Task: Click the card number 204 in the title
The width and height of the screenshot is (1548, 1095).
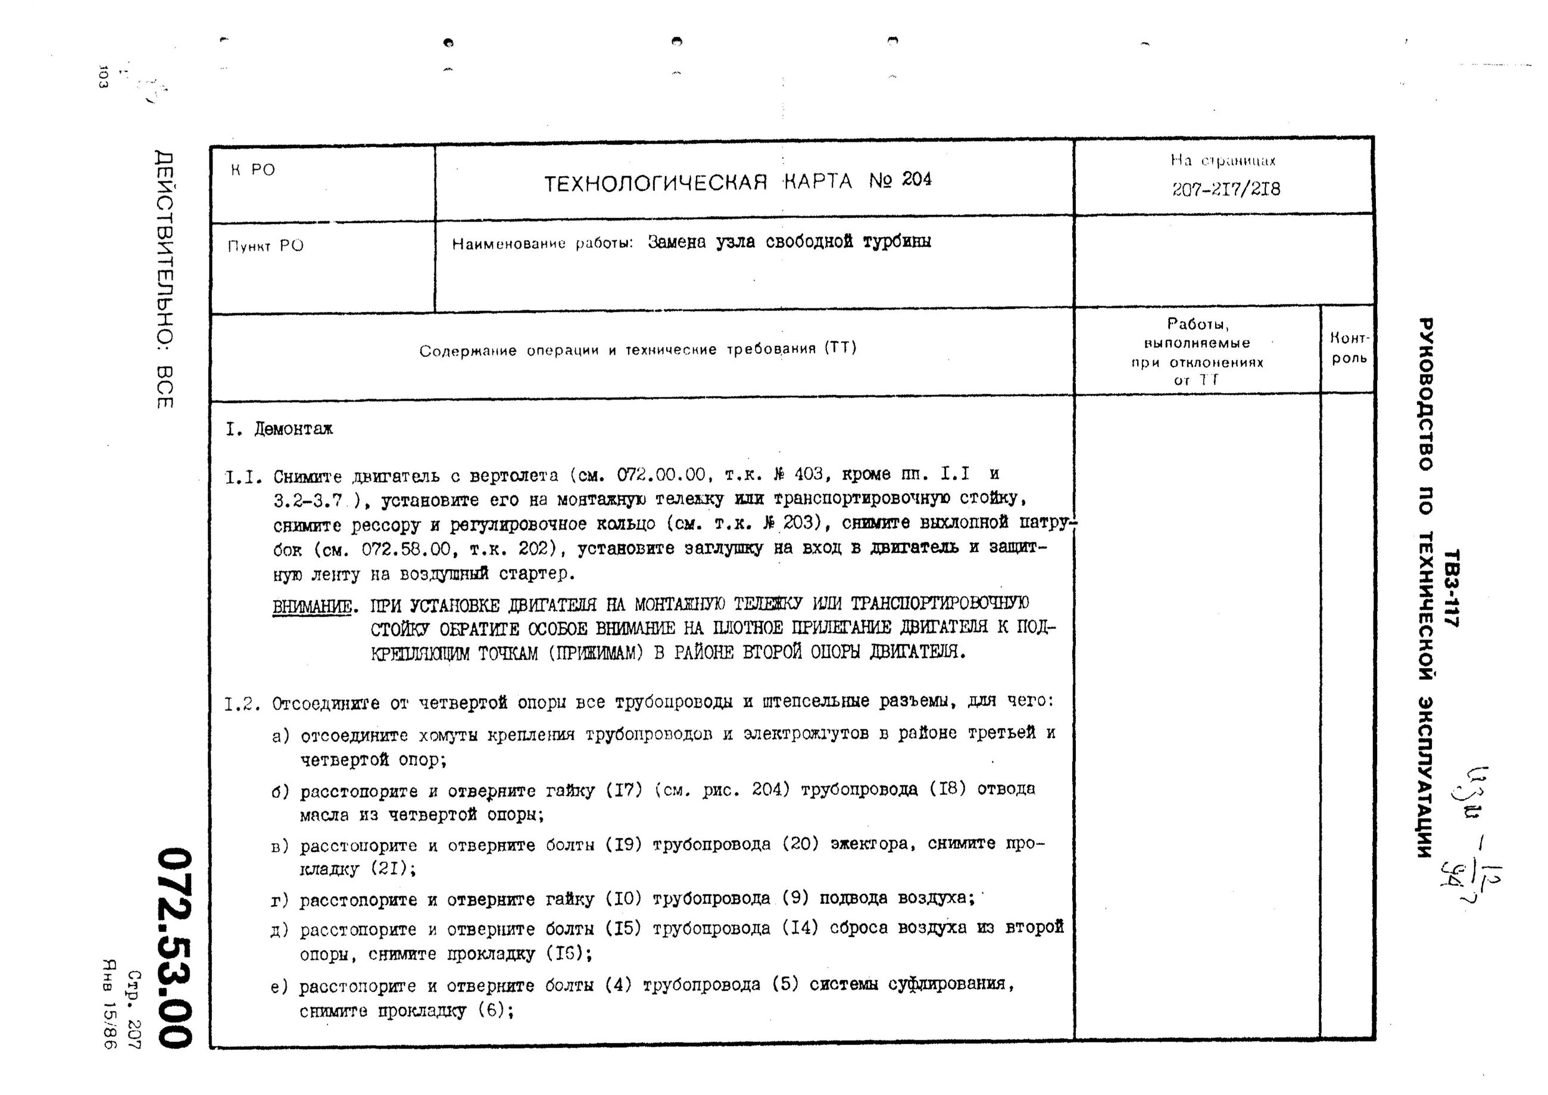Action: click(916, 179)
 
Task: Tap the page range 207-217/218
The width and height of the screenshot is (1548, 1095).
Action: click(1225, 189)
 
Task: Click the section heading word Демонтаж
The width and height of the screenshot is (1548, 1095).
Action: click(294, 429)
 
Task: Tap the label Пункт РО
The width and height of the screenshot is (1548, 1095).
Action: click(266, 246)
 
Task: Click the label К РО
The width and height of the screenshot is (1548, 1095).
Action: click(254, 170)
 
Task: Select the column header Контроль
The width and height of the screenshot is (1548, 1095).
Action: click(1349, 348)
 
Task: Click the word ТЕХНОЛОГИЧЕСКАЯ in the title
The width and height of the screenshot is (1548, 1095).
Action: click(656, 183)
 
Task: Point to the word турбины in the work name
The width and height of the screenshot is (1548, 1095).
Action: click(897, 241)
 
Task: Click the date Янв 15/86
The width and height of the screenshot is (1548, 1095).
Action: click(108, 1004)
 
